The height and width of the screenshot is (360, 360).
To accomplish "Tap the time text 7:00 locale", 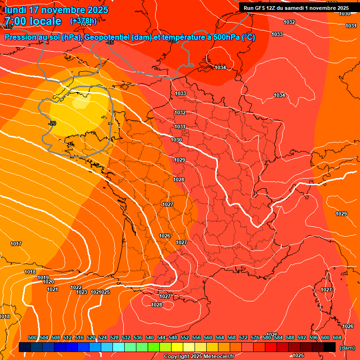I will pyautogui.click(x=33, y=21).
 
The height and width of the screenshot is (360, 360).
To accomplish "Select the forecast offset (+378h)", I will pyautogui.click(x=83, y=21).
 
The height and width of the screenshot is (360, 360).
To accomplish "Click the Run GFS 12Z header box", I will pyautogui.click(x=296, y=7).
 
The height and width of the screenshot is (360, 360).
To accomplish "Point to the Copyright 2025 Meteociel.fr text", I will pyautogui.click(x=199, y=357).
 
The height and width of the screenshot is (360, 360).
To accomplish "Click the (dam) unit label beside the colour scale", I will pyautogui.click(x=347, y=348).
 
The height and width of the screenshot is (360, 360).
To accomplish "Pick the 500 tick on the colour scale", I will pyautogui.click(x=32, y=338).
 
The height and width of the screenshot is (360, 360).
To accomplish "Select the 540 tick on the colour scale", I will pyautogui.click(x=150, y=338).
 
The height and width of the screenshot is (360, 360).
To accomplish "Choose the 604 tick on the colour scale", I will pyautogui.click(x=337, y=338).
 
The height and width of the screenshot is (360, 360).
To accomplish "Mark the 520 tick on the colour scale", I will pyautogui.click(x=91, y=338).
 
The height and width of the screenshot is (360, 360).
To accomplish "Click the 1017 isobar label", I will pyautogui.click(x=16, y=244).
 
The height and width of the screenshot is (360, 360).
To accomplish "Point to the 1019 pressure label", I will pyautogui.click(x=43, y=277).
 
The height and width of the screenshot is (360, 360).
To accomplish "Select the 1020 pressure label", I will pyautogui.click(x=48, y=282).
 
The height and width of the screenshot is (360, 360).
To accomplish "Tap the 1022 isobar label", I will pyautogui.click(x=76, y=287).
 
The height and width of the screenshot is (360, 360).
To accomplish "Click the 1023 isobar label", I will pyautogui.click(x=82, y=292).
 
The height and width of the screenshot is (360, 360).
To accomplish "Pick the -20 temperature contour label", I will pyautogui.click(x=52, y=123).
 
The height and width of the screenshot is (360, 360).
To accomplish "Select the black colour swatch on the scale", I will pyautogui.click(x=330, y=347).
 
